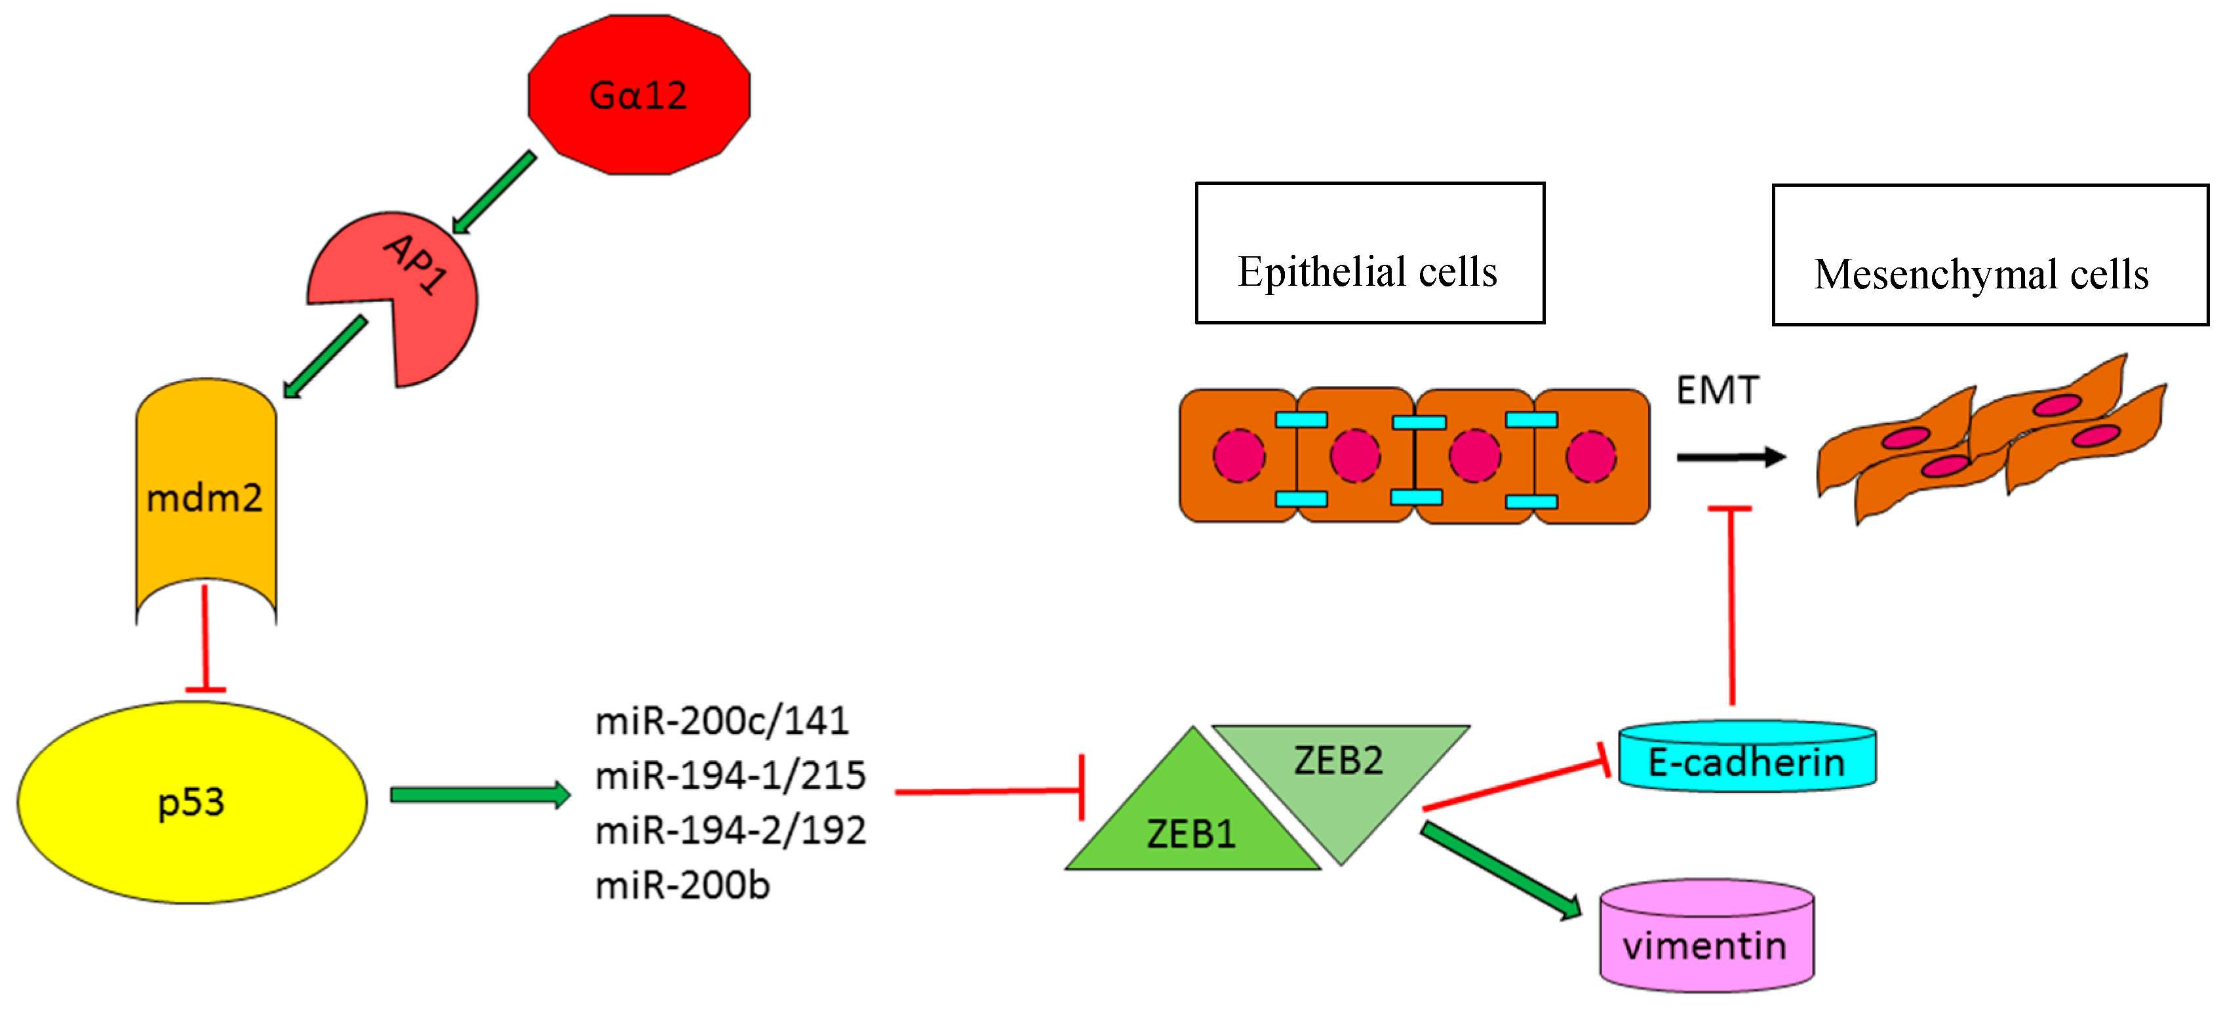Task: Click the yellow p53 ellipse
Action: (x=191, y=802)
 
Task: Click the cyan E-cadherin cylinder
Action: (x=1746, y=761)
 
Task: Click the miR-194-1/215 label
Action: (x=730, y=775)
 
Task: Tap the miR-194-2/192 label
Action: (x=730, y=830)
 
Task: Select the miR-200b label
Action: (x=682, y=885)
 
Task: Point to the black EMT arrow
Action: (x=1730, y=457)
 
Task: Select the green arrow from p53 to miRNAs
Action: (x=480, y=794)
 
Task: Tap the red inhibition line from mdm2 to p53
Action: (x=205, y=638)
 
